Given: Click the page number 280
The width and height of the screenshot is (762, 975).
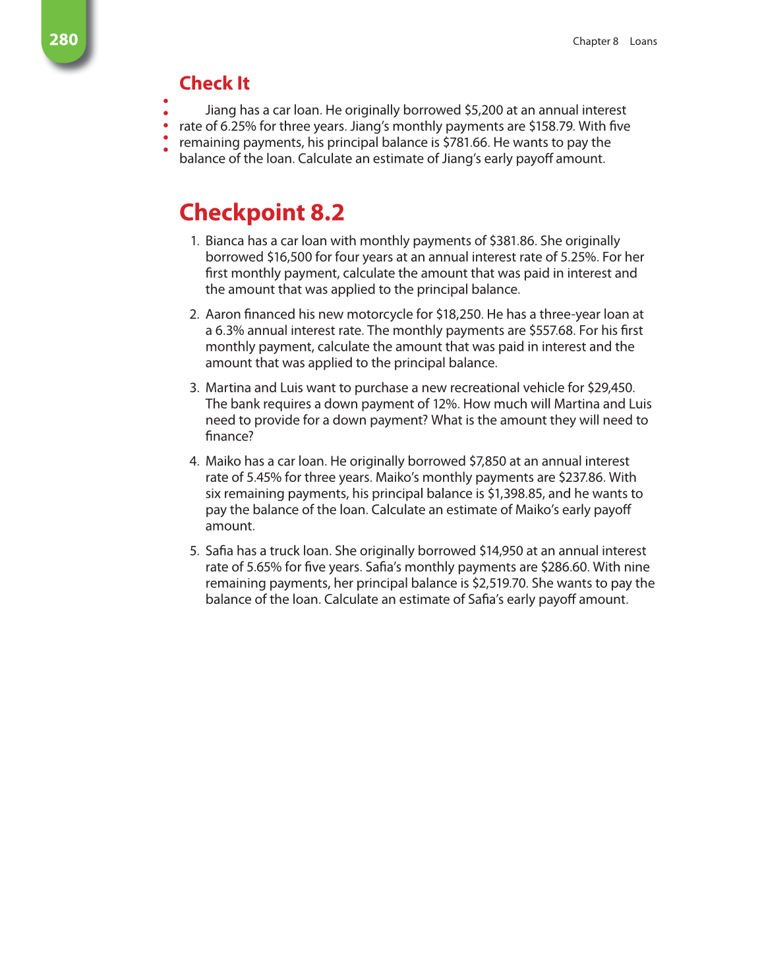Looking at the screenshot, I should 63,40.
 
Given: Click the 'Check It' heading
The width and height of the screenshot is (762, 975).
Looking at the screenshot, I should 214,83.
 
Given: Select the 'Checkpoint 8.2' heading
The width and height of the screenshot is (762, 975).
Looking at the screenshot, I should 262,212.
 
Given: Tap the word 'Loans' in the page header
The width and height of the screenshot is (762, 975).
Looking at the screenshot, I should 643,41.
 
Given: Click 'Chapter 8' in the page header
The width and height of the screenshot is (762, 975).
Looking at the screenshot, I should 595,41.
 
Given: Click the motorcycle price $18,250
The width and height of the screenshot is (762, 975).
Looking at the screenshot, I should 459,314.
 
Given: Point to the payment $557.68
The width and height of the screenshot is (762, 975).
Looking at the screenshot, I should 551,330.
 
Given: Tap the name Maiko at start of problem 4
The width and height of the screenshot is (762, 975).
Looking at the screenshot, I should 223,461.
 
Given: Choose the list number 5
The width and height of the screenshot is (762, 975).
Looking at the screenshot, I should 194,551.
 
